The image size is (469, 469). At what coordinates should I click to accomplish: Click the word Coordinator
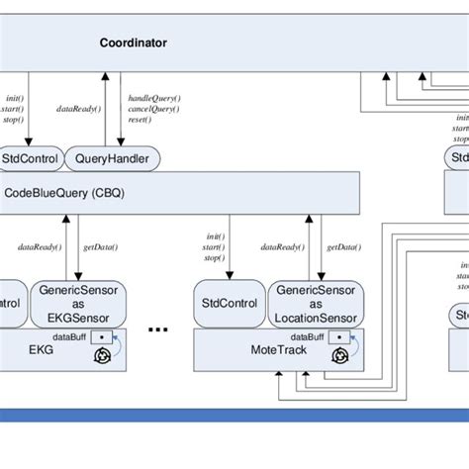point(134,43)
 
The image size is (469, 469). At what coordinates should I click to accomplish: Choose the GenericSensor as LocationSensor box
point(316,304)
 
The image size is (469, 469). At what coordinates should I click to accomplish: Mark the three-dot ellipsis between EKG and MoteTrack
point(157,328)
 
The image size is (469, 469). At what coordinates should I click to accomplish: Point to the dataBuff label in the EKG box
point(66,336)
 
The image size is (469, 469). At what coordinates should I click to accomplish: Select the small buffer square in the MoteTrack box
point(339,336)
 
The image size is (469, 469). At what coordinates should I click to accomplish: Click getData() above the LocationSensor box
point(342,246)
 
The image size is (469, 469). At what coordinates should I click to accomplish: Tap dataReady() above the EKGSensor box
point(41,246)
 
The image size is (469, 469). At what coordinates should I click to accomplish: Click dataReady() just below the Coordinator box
point(77,108)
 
